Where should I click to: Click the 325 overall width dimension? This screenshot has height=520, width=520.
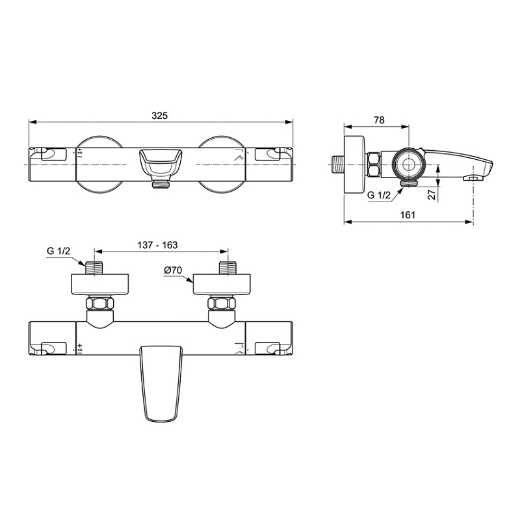point(160,115)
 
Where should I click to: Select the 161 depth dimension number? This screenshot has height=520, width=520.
point(408,216)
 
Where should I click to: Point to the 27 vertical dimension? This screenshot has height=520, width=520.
point(433,194)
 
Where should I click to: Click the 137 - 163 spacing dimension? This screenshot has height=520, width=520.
point(160,245)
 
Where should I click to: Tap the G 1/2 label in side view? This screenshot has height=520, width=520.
point(380,195)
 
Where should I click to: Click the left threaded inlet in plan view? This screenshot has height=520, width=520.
point(96,267)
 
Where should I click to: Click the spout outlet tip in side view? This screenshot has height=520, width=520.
point(474,175)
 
